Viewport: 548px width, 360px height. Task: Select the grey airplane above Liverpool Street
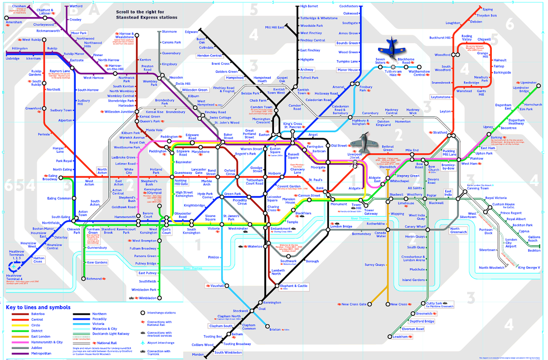[x=363, y=142]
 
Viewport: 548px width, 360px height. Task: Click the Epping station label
[x=488, y=9]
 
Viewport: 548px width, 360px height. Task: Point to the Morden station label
[x=198, y=355]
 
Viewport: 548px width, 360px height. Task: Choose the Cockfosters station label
[x=348, y=6]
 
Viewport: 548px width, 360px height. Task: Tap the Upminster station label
[x=515, y=83]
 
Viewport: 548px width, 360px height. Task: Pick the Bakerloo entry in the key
[x=37, y=314]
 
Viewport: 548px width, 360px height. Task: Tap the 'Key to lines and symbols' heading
[x=38, y=307]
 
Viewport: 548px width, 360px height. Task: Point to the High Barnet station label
[x=309, y=6]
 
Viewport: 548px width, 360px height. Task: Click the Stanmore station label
[x=169, y=31]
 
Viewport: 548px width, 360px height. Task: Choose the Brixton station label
[x=275, y=329]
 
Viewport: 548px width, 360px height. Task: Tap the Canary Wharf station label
[x=415, y=227]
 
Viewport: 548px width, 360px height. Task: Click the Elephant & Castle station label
[x=293, y=286]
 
